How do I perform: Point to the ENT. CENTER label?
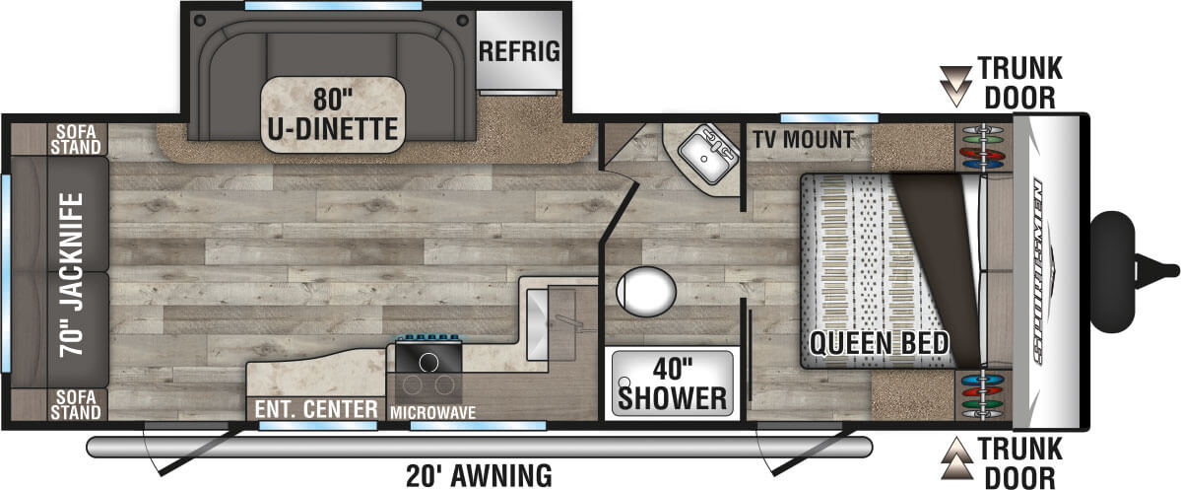click(x=314, y=409)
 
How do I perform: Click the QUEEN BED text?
click(x=880, y=343)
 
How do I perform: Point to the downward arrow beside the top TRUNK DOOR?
click(x=953, y=85)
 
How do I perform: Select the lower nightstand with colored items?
click(x=981, y=394)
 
